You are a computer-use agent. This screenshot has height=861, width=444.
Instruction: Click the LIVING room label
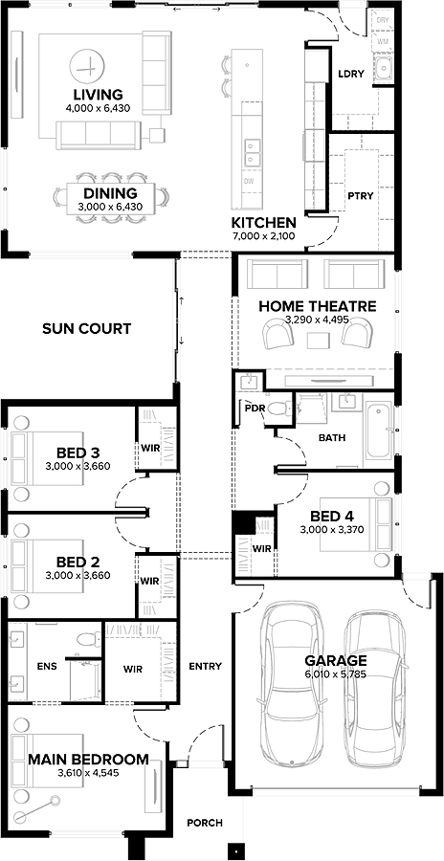pyautogui.click(x=97, y=94)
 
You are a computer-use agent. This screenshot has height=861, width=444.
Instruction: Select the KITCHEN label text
pyautogui.click(x=263, y=221)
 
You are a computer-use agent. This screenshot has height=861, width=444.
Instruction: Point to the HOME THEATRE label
pyautogui.click(x=317, y=306)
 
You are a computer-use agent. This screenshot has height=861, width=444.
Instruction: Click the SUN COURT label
pyautogui.click(x=86, y=329)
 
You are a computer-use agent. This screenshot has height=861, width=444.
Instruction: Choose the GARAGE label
pyautogui.click(x=335, y=660)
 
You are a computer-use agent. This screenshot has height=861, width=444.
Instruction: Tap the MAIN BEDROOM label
pyautogui.click(x=88, y=760)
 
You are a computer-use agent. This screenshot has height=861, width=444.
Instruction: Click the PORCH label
pyautogui.click(x=205, y=823)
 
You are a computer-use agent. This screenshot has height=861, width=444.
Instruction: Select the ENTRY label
pyautogui.click(x=206, y=666)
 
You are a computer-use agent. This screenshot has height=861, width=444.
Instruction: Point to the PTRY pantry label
pyautogui.click(x=361, y=195)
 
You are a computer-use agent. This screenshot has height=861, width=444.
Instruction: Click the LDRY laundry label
pyautogui.click(x=351, y=74)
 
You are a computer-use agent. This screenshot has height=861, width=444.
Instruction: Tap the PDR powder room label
pyautogui.click(x=254, y=408)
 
